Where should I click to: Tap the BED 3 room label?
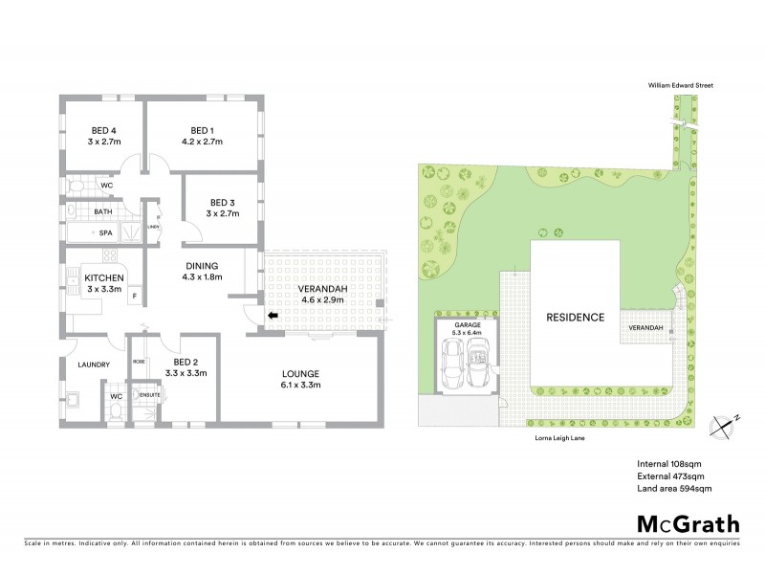click(221, 202)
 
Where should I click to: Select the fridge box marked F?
click(134, 297)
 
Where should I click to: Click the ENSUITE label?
click(150, 394)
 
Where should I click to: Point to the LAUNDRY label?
click(94, 364)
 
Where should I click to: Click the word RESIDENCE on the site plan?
click(575, 318)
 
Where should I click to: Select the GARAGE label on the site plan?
click(468, 325)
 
